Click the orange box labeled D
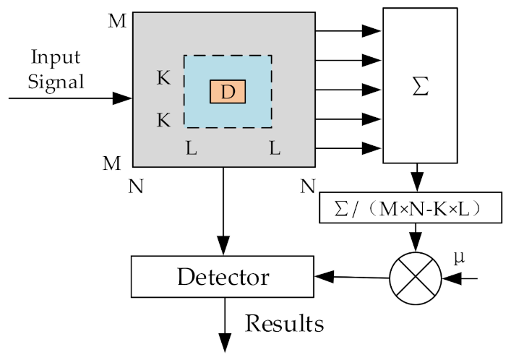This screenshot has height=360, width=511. coord(228,92)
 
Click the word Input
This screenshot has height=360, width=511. coord(56,56)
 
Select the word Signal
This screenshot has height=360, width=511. coord(56,81)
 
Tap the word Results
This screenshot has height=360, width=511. coord(284,322)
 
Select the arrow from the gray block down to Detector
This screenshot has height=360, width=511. coord(223,210)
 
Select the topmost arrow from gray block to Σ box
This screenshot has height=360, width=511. coord(348,31)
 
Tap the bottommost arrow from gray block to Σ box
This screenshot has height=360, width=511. coord(348,150)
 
